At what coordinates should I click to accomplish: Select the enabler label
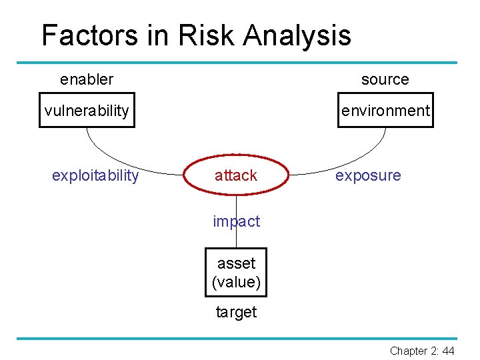(x=87, y=79)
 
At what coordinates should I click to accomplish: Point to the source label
(x=385, y=79)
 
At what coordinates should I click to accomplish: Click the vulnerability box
(x=87, y=110)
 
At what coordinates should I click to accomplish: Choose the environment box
(x=385, y=110)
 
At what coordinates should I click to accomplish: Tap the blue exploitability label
(x=95, y=175)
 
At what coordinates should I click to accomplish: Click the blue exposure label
(x=368, y=175)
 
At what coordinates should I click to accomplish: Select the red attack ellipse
(x=236, y=175)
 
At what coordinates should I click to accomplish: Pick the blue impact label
(x=236, y=221)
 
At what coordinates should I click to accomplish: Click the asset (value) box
(x=236, y=273)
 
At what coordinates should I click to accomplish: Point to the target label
(x=236, y=312)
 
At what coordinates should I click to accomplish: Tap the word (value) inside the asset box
(x=236, y=282)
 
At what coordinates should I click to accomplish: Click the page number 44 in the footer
(x=448, y=351)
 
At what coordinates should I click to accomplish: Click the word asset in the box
(x=236, y=263)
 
